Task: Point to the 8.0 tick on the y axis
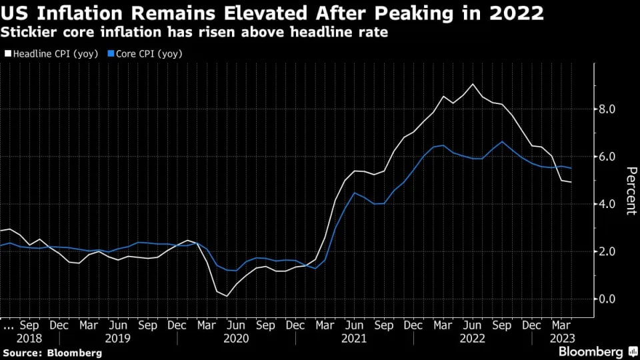tap(607, 109)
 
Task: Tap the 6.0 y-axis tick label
tap(607, 157)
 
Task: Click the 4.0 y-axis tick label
tap(607, 204)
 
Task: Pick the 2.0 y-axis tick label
tap(607, 251)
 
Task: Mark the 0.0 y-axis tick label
tap(607, 299)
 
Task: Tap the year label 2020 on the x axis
tap(236, 338)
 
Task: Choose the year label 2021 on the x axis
tap(355, 338)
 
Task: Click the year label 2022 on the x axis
tap(473, 338)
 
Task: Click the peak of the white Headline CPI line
tap(473, 84)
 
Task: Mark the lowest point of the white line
tap(227, 296)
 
